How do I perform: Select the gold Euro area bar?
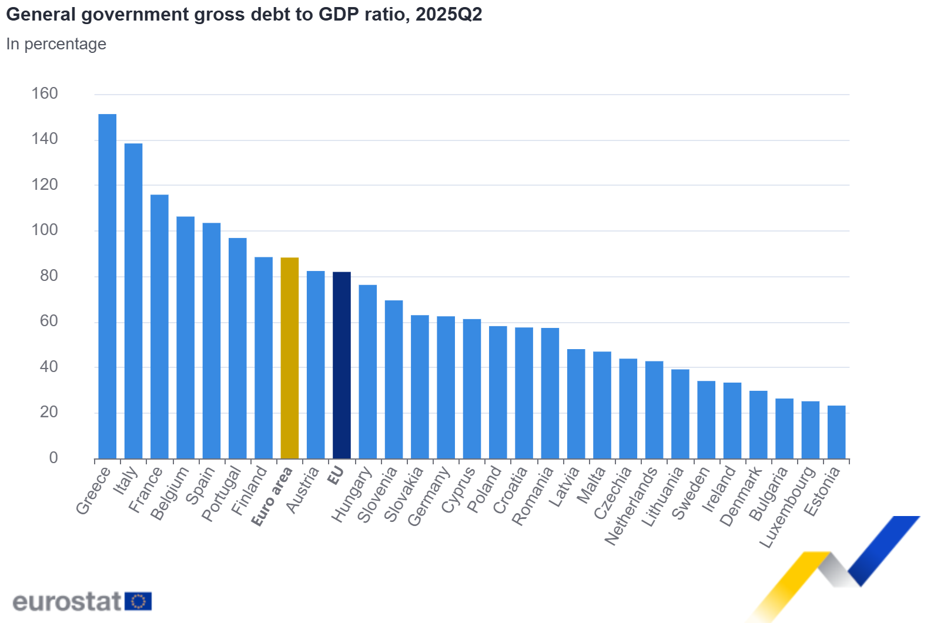click(x=289, y=358)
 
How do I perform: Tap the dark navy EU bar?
click(x=342, y=365)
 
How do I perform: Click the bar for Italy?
click(x=133, y=301)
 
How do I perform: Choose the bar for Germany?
click(x=446, y=387)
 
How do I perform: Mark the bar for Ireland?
click(x=732, y=420)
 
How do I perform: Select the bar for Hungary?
click(x=367, y=371)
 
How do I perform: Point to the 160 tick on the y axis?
click(x=45, y=93)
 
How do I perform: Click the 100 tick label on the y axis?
click(x=45, y=230)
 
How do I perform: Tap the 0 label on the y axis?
click(x=53, y=458)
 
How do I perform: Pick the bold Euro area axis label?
click(x=272, y=497)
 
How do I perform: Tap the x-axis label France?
click(x=145, y=490)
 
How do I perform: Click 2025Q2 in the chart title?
click(x=448, y=14)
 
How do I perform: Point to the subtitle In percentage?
click(x=56, y=44)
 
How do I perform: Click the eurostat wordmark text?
click(x=66, y=601)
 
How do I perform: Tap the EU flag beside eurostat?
click(x=138, y=601)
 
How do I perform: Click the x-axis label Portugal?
click(x=221, y=494)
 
